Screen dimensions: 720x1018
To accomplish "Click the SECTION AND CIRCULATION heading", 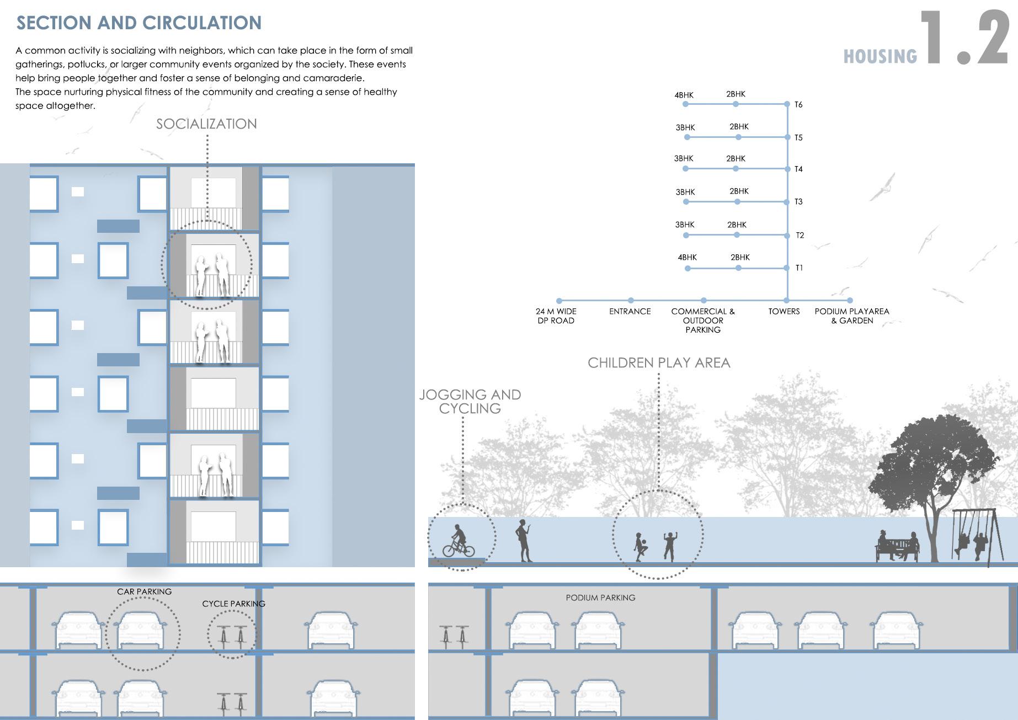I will (x=139, y=23).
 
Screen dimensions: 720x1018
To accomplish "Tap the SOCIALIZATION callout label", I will (x=206, y=124).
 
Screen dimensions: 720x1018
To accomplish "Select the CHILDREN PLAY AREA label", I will (x=659, y=363).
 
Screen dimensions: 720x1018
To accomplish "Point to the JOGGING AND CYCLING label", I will (x=470, y=402).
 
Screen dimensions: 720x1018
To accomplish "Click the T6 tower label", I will (x=798, y=105).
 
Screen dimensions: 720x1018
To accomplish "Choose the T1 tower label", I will (x=799, y=268).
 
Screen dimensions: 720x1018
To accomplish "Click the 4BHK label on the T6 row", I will (x=684, y=95).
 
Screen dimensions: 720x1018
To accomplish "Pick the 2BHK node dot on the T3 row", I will (x=737, y=202).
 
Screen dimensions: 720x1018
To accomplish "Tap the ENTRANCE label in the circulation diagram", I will (x=630, y=312).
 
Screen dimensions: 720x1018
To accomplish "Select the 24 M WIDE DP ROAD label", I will (x=556, y=316).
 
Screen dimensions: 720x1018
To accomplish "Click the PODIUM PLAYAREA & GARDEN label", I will (x=852, y=316).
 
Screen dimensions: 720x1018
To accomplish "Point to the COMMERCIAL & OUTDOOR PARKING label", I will (x=703, y=321).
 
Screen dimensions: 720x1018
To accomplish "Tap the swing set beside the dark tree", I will (x=975, y=535).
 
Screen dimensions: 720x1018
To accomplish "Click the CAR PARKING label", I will (x=144, y=591).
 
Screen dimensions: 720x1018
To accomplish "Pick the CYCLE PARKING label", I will (x=233, y=604).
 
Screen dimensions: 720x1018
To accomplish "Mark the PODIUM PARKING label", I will (x=600, y=598).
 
